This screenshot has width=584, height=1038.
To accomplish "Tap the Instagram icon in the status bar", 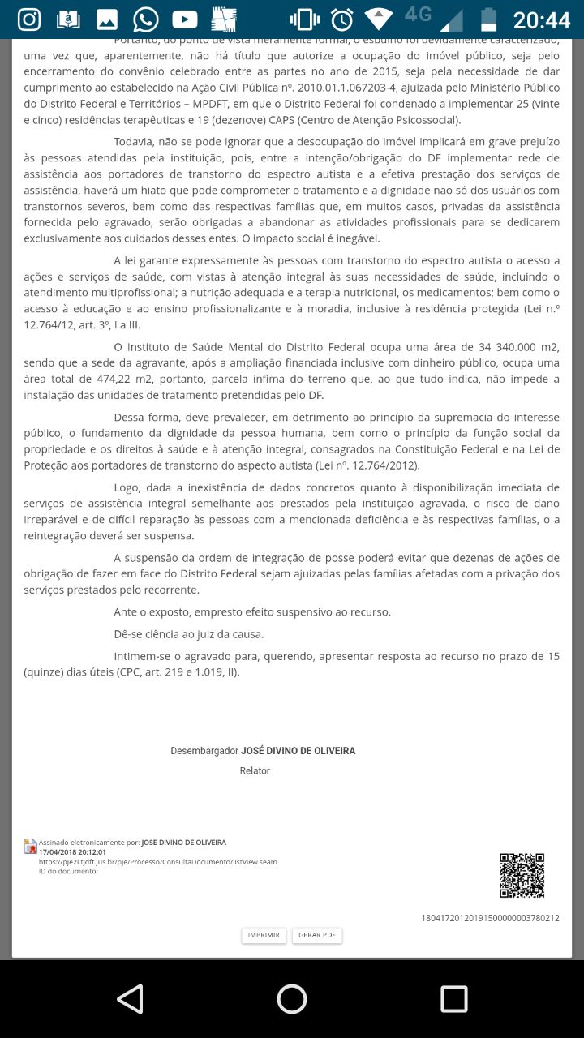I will click(28, 19).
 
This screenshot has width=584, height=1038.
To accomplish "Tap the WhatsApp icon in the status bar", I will click(145, 19).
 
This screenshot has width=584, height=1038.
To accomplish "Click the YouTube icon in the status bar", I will click(184, 19).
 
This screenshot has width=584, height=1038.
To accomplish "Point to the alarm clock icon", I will click(341, 19).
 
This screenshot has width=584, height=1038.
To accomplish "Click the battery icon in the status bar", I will click(488, 19).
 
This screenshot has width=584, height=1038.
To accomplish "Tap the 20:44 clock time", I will click(542, 19).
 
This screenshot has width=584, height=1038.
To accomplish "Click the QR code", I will click(522, 875).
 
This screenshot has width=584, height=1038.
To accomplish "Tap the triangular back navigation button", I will click(130, 998).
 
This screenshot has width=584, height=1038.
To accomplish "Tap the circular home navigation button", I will click(292, 998).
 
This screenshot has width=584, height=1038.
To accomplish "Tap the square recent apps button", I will click(453, 998).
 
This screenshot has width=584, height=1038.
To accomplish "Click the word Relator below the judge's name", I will click(255, 770).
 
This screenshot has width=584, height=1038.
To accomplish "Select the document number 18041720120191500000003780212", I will click(490, 918).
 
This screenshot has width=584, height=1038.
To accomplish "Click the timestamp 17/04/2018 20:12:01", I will click(72, 852).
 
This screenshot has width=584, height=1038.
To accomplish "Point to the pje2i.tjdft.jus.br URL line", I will click(157, 861).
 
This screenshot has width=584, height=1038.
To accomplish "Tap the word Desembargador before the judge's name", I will click(204, 751).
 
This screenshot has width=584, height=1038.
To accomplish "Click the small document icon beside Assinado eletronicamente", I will click(31, 846).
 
